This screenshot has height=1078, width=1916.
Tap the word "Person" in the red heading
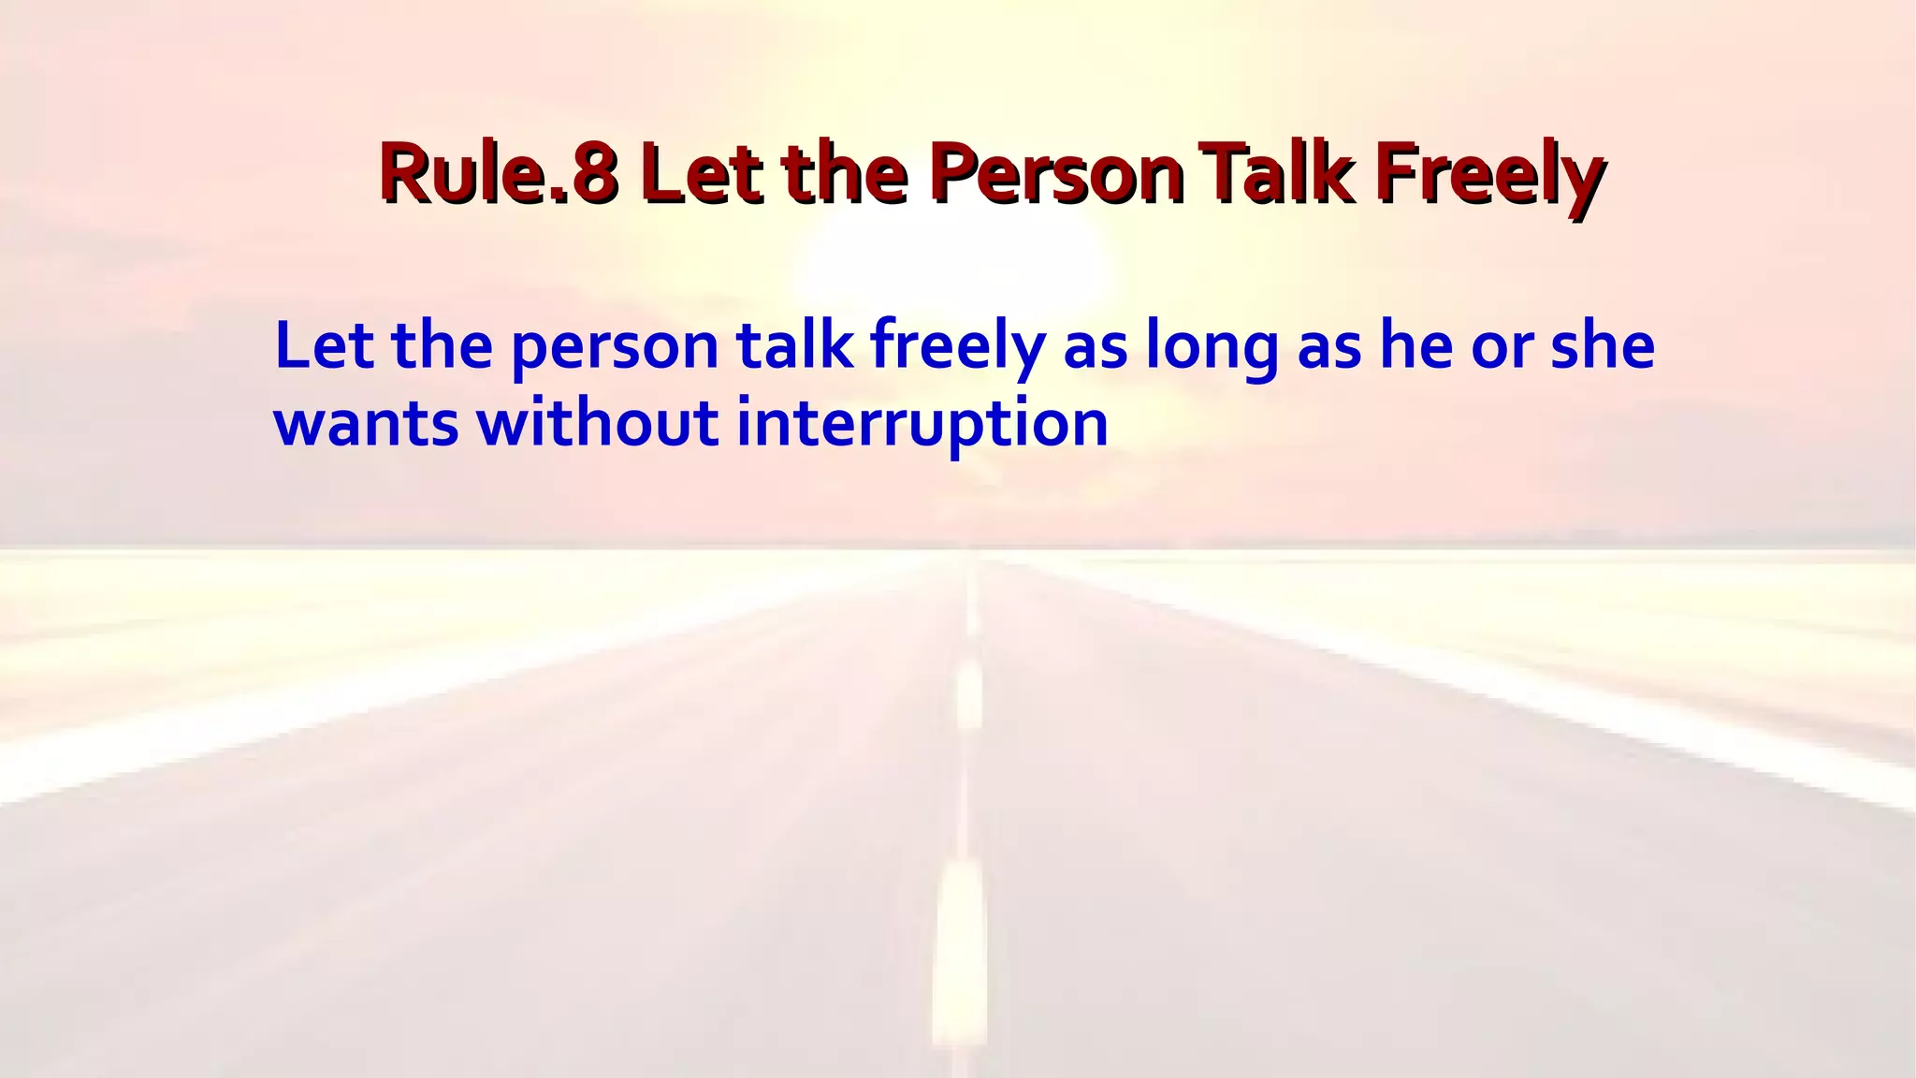(1057, 173)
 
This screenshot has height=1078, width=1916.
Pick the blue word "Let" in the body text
(324, 345)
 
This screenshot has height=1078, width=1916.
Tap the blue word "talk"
(794, 345)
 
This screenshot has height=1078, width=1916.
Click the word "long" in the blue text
(1212, 348)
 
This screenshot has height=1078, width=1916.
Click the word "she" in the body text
(1603, 345)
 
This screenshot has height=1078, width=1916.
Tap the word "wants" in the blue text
(366, 424)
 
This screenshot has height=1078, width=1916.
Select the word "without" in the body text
(597, 422)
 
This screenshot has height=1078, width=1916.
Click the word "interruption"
(922, 424)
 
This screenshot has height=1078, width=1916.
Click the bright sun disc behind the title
(954, 262)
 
